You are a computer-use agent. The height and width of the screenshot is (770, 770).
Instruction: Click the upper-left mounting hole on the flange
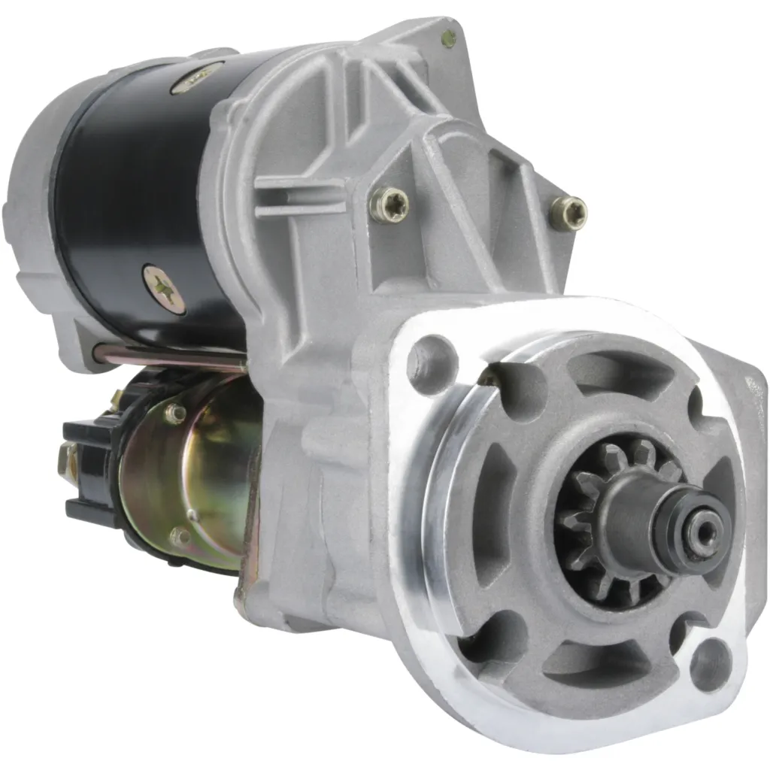[432, 359]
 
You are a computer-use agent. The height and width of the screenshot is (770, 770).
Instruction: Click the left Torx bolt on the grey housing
[390, 204]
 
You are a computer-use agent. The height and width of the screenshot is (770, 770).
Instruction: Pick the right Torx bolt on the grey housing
[568, 212]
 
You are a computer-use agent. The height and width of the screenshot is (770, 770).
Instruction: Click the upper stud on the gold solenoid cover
[175, 412]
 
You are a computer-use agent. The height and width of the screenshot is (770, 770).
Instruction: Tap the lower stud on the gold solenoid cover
[180, 537]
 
